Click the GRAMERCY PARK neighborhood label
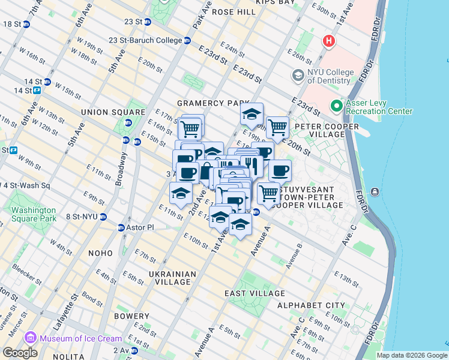[x=209, y=103]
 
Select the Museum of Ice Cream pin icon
[x=31, y=338]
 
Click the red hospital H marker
[x=328, y=41]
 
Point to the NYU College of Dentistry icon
[x=297, y=76]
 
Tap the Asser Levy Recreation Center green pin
[x=336, y=106]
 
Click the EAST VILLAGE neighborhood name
[x=255, y=293]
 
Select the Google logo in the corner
[x=20, y=353]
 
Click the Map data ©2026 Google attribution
[x=412, y=355]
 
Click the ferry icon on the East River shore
[x=375, y=191]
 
